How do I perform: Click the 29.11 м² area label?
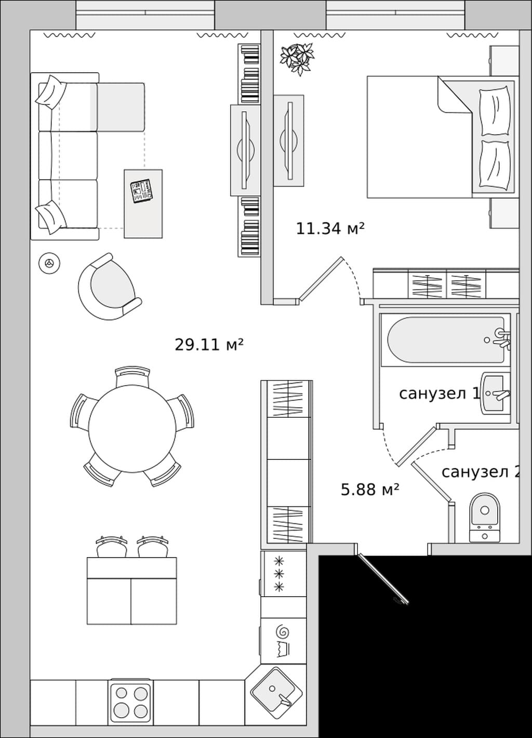[209, 345]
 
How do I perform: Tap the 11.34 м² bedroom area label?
[330, 229]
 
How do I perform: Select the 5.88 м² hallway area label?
[370, 490]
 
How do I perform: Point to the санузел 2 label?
[480, 472]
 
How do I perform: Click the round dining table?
[132, 429]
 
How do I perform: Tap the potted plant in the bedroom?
[297, 59]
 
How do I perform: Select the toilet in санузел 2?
[485, 518]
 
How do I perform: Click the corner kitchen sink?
[276, 689]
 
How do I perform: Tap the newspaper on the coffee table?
[142, 191]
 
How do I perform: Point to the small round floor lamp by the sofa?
[49, 263]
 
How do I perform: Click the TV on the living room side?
[245, 150]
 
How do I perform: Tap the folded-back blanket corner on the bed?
[455, 95]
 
